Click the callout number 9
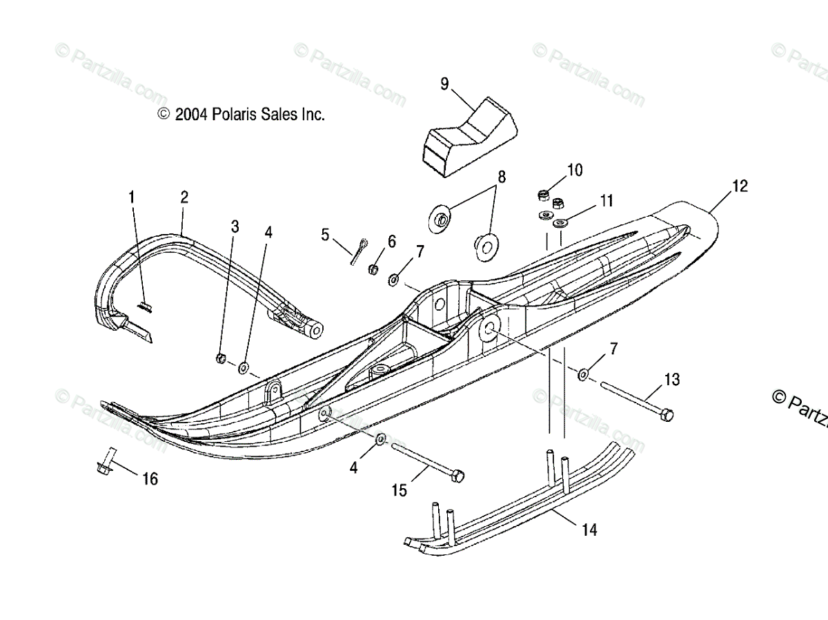[444, 84]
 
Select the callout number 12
[740, 186]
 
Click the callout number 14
[589, 530]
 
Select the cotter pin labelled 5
[359, 251]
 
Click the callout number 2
[184, 197]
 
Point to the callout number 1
[131, 197]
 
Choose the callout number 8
[502, 177]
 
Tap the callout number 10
[575, 170]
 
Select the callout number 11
[606, 202]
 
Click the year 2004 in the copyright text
[191, 115]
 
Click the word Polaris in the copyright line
[235, 115]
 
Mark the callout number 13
[671, 379]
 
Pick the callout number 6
[391, 241]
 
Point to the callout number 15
[399, 491]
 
